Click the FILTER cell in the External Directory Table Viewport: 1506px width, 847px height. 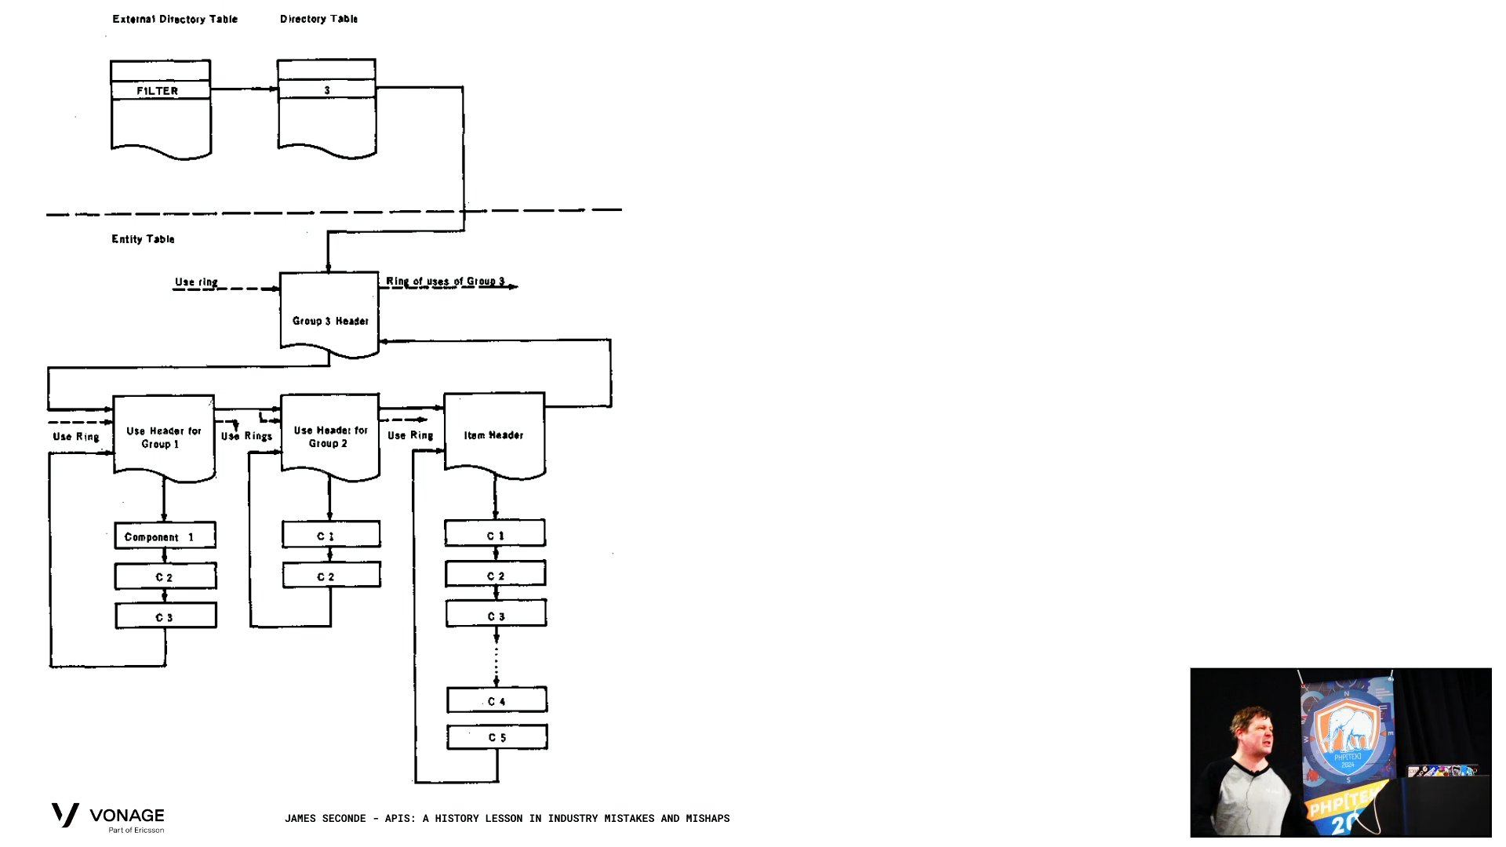tap(161, 90)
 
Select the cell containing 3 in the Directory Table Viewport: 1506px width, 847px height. tap(326, 89)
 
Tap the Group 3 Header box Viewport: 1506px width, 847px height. tap(329, 314)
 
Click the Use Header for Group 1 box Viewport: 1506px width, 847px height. tap(164, 437)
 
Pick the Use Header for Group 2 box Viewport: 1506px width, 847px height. tap(330, 436)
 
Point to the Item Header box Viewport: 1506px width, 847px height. tap(494, 434)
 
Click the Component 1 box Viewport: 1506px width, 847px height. tap(165, 536)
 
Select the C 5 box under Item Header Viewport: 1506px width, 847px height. tap(497, 737)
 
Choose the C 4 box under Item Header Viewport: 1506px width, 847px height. tap(497, 700)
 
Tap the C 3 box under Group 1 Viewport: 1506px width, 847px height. tap(166, 616)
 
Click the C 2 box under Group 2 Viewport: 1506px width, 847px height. tap(331, 575)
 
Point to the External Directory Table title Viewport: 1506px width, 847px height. tap(175, 19)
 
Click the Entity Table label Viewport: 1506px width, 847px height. tap(143, 239)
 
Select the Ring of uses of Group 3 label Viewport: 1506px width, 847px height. tap(445, 281)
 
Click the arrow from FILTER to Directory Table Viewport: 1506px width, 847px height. tap(244, 89)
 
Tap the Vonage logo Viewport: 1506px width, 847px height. tap(108, 817)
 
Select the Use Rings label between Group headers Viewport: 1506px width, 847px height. tap(246, 436)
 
